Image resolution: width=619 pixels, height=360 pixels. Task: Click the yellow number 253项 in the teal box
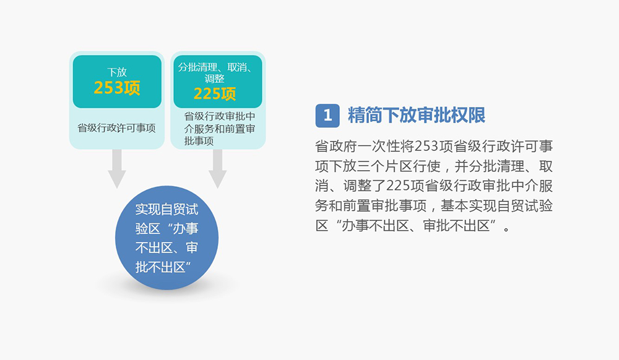117,88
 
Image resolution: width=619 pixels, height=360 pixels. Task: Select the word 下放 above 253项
117,72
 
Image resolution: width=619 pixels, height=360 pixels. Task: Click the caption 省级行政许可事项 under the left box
116,128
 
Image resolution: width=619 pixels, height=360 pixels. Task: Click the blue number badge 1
327,116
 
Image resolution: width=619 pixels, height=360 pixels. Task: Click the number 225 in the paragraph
400,186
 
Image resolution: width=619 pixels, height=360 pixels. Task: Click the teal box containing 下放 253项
117,80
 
